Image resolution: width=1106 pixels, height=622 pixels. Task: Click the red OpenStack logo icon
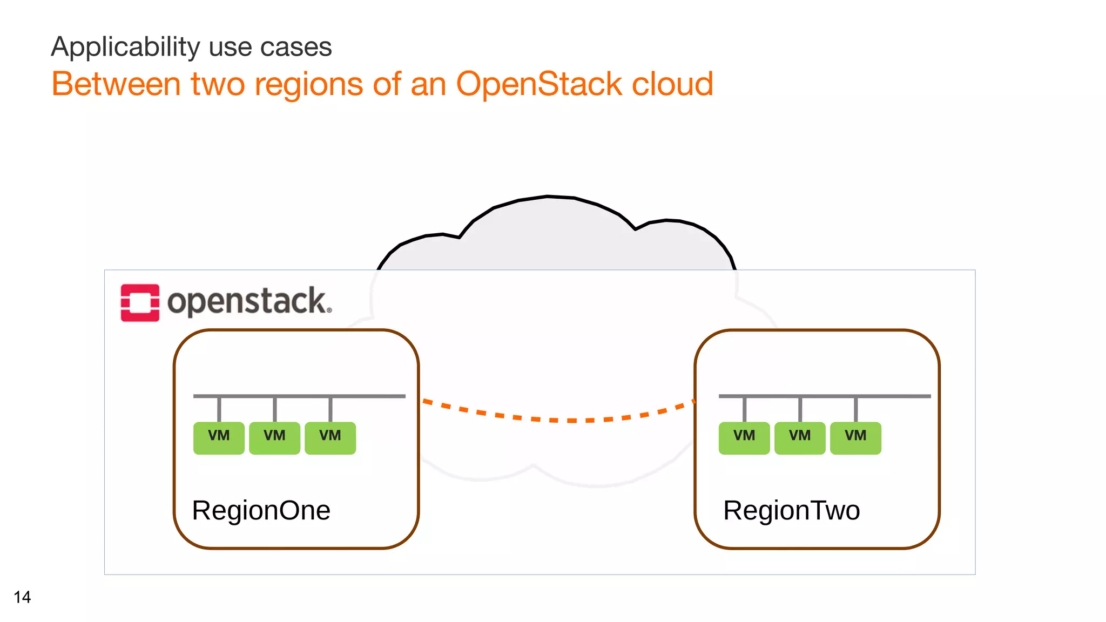tap(140, 303)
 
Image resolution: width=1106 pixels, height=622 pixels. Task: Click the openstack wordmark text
tap(249, 302)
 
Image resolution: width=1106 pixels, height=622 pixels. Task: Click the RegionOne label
tap(261, 510)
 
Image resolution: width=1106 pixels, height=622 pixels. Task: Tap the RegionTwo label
tap(791, 510)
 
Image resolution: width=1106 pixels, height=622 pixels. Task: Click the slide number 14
tap(22, 597)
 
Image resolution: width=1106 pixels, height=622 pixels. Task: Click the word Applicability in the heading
tap(125, 48)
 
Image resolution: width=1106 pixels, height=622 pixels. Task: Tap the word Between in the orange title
tap(116, 84)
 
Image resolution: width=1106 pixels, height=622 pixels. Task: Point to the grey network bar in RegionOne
tap(299, 396)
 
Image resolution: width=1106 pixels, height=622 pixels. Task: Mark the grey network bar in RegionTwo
tap(825, 396)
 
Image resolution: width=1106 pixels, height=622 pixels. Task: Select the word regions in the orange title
tap(309, 85)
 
